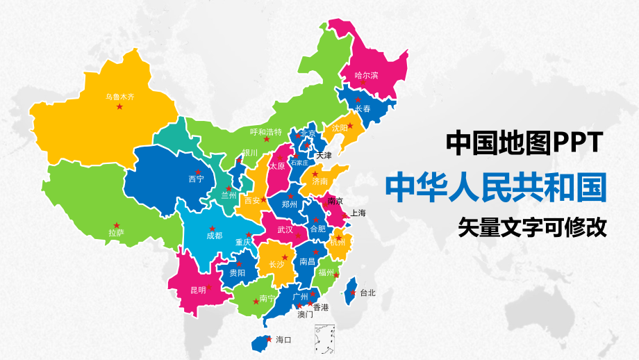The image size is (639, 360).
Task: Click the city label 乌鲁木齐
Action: [119, 97]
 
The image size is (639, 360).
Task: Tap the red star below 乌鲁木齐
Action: [119, 107]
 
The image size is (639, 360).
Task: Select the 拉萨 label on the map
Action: [116, 233]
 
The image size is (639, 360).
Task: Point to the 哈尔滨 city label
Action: [366, 75]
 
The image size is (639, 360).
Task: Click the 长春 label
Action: [363, 109]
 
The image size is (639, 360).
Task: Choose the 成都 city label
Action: [214, 236]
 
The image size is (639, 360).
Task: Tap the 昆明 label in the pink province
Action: [198, 290]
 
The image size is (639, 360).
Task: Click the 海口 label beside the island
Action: [283, 340]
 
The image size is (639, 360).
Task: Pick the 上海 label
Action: [358, 213]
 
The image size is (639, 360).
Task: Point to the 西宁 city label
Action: [197, 179]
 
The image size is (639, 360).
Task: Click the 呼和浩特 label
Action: [266, 132]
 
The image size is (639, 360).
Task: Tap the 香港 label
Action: [321, 306]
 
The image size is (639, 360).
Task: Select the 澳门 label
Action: [305, 315]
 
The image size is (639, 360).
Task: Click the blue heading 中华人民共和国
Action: [495, 186]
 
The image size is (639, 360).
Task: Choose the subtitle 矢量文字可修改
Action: [532, 227]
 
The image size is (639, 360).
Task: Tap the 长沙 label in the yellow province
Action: [276, 265]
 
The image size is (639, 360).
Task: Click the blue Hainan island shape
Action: [262, 341]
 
